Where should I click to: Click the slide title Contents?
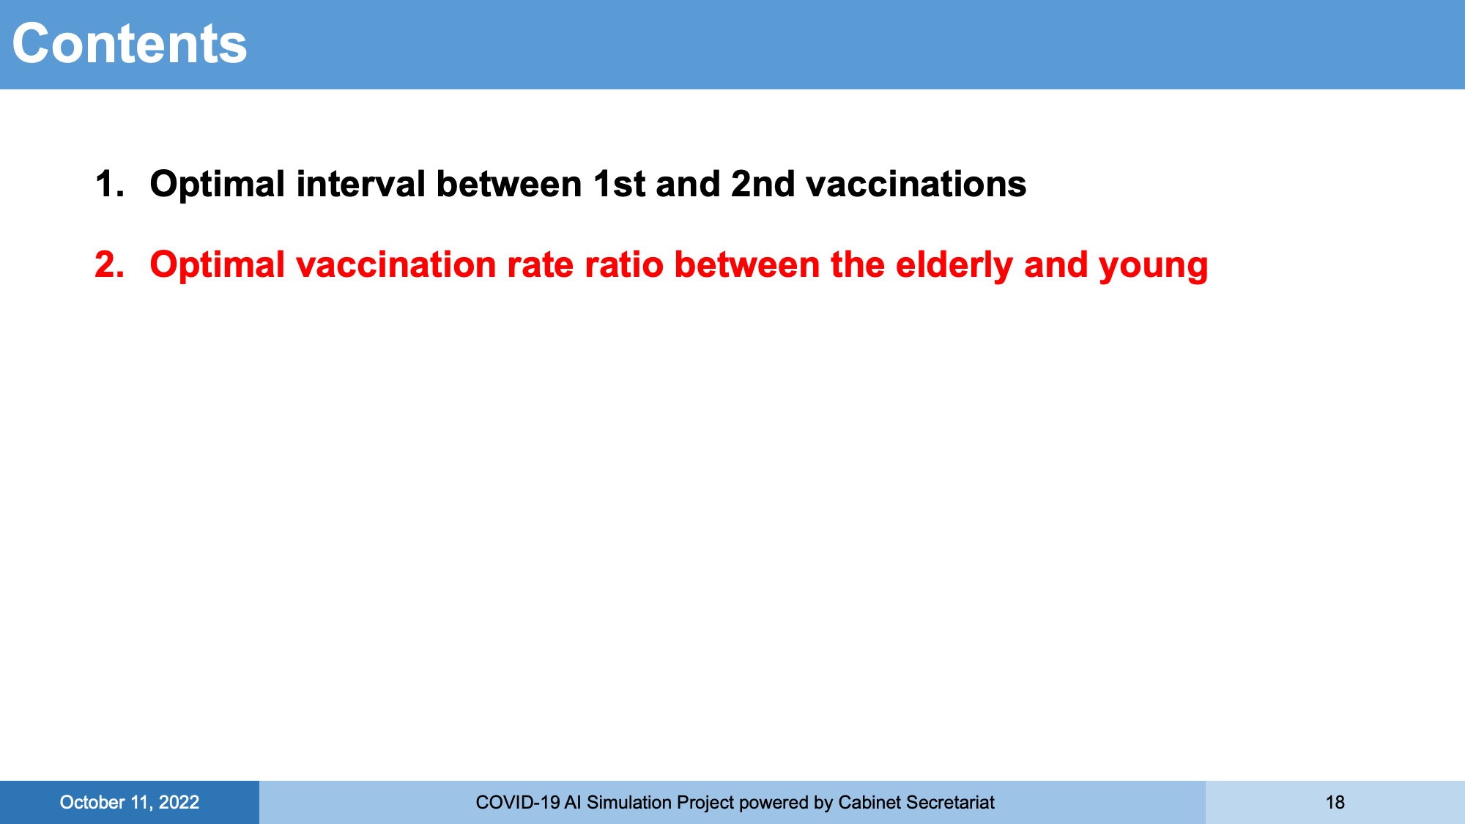[130, 44]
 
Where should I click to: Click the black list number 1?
[109, 184]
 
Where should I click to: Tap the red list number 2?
[109, 264]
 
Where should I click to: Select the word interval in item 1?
[360, 184]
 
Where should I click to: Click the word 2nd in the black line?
[763, 184]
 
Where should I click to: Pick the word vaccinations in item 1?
[916, 184]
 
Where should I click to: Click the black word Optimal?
[218, 184]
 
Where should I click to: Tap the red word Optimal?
[218, 264]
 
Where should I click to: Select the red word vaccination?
[396, 264]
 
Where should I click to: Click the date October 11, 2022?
[130, 803]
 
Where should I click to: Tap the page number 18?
[1335, 803]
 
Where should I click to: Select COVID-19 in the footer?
[518, 803]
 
